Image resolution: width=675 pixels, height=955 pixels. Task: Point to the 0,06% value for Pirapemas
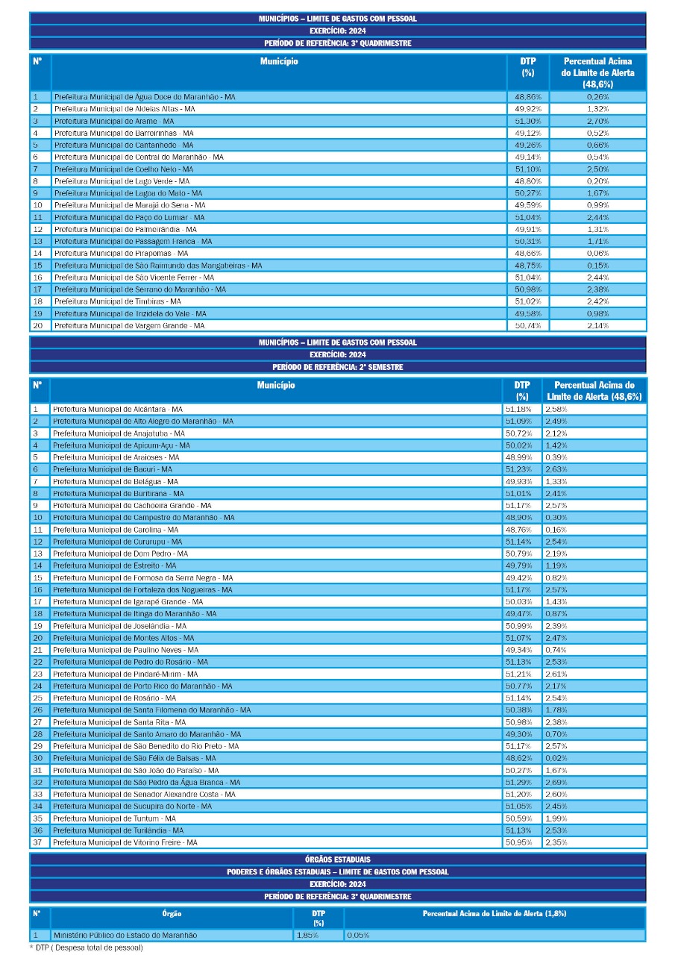[597, 253]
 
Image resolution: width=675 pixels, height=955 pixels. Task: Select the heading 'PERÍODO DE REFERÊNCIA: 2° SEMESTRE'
[337, 367]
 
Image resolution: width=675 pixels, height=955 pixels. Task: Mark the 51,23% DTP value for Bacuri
[518, 469]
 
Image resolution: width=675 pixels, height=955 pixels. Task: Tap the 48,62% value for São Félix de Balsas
[518, 758]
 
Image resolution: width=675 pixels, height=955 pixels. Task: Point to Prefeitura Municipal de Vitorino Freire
[125, 842]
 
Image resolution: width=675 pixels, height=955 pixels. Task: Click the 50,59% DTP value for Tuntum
[518, 818]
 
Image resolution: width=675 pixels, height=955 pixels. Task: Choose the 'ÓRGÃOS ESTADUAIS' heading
[337, 859]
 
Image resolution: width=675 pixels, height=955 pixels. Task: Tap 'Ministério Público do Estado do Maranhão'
[125, 935]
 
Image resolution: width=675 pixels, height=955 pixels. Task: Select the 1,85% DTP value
[307, 935]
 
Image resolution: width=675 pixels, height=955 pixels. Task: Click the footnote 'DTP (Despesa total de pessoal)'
[89, 948]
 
